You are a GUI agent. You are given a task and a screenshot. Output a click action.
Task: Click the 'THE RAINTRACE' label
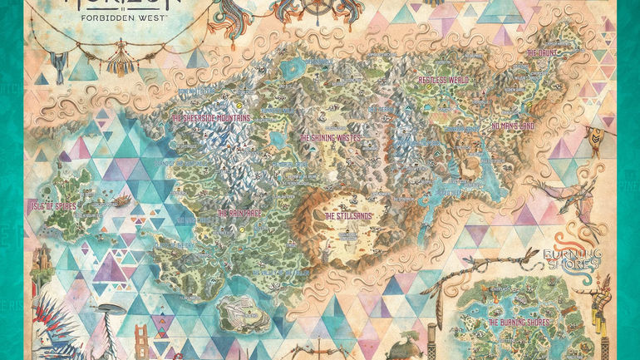240,213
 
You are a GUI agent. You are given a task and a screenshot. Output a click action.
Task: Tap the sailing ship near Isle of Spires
121,200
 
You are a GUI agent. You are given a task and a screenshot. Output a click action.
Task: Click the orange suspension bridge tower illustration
142,341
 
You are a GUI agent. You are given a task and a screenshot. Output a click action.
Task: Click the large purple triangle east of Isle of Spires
110,268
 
